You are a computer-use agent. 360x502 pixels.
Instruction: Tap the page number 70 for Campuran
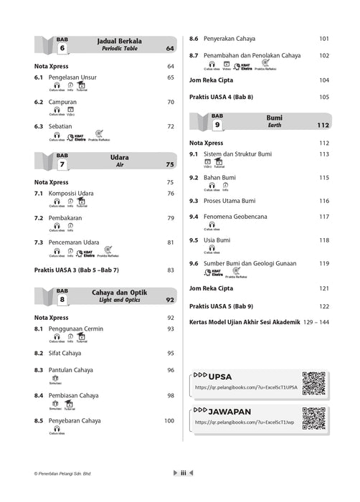tap(171, 103)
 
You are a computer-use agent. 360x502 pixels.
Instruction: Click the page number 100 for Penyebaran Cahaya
tap(169, 420)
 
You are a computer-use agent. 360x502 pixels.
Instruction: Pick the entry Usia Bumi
tap(217, 240)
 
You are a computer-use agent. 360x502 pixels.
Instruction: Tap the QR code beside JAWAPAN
tap(314, 418)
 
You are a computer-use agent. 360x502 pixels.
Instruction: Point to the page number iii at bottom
tap(184, 473)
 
